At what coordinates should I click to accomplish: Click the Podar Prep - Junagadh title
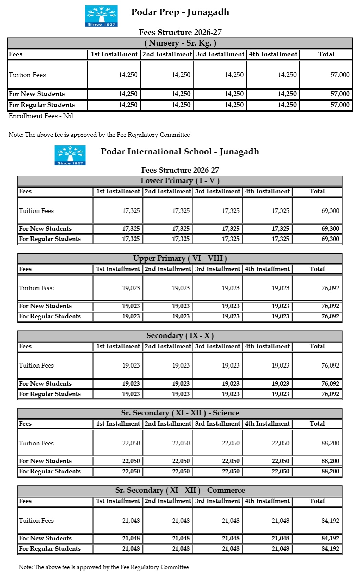pyautogui.click(x=180, y=12)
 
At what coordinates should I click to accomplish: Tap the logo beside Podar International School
pyautogui.click(x=70, y=155)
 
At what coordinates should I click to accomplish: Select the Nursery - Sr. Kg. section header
pyautogui.click(x=180, y=43)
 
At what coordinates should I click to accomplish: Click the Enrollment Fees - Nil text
pyautogui.click(x=41, y=116)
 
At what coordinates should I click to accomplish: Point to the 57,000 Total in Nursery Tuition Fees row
pyautogui.click(x=340, y=75)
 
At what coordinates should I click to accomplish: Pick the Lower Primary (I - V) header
pyautogui.click(x=180, y=181)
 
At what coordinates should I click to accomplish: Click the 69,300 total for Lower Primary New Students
pyautogui.click(x=330, y=229)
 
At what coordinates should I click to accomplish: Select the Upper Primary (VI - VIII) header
pyautogui.click(x=180, y=258)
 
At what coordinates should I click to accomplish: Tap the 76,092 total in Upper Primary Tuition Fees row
pyautogui.click(x=330, y=288)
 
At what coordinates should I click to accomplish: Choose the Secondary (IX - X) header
pyautogui.click(x=180, y=336)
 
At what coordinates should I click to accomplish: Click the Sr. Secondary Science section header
pyautogui.click(x=180, y=413)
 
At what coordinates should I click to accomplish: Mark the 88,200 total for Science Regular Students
pyautogui.click(x=330, y=471)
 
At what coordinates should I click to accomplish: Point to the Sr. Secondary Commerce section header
pyautogui.click(x=180, y=490)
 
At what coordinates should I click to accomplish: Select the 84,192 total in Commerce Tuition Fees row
pyautogui.click(x=330, y=521)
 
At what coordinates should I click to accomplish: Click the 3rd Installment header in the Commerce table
pyautogui.click(x=218, y=501)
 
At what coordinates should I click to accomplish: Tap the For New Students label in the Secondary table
pyautogui.click(x=45, y=384)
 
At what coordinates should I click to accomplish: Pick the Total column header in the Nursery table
pyautogui.click(x=326, y=54)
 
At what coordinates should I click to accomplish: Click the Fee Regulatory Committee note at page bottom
pyautogui.click(x=104, y=567)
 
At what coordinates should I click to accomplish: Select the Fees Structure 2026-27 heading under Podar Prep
pyautogui.click(x=180, y=33)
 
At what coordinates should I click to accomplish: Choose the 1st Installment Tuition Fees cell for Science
pyautogui.click(x=131, y=443)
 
